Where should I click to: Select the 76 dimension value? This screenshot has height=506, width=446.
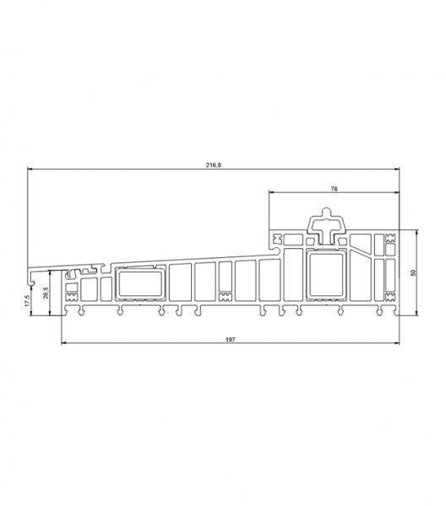(334, 190)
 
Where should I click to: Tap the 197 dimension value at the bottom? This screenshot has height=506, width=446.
(230, 339)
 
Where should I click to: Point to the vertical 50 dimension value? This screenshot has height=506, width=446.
(412, 272)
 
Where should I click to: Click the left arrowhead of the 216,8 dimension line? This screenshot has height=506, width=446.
(30, 171)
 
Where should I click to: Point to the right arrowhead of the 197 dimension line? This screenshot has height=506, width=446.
(396, 344)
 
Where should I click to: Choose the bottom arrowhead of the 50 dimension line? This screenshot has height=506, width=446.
(417, 314)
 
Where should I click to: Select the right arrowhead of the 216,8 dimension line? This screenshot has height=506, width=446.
(396, 171)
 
